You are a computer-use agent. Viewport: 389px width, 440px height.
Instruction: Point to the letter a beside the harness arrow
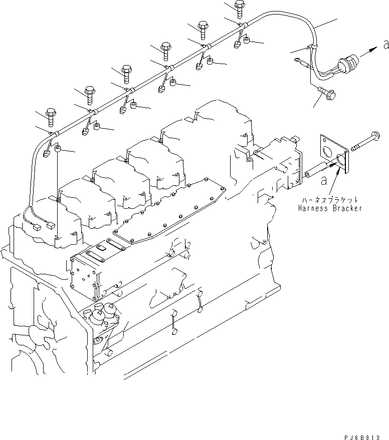(x=385, y=45)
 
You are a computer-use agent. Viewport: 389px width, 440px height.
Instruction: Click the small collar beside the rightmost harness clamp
(x=248, y=40)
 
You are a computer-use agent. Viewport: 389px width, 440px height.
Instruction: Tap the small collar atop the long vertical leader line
(x=58, y=148)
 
